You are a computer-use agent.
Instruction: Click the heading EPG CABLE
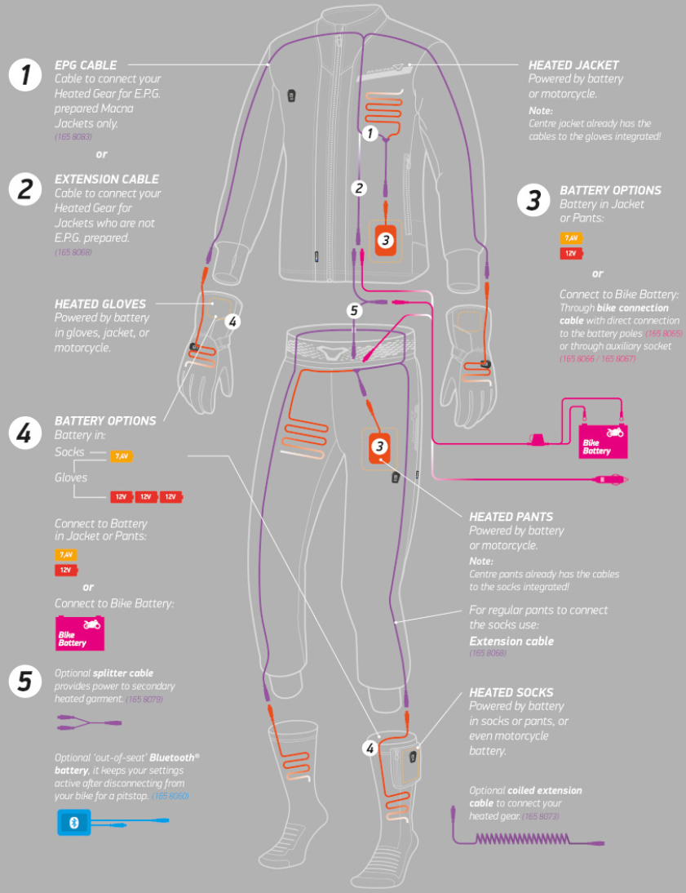coord(86,64)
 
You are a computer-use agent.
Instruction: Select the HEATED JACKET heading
coord(573,64)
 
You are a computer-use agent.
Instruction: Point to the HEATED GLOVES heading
coord(100,304)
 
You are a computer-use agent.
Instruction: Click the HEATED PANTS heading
coord(511,517)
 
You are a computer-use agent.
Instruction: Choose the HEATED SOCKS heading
coord(511,692)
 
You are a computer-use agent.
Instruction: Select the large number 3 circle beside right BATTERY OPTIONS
coord(533,201)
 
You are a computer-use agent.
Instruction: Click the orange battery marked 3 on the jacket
coord(386,240)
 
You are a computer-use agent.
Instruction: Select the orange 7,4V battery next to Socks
coord(121,456)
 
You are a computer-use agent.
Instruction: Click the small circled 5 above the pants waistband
coord(353,310)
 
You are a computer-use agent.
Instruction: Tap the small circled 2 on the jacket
coord(358,188)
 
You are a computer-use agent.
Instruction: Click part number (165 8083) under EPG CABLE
coord(73,139)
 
